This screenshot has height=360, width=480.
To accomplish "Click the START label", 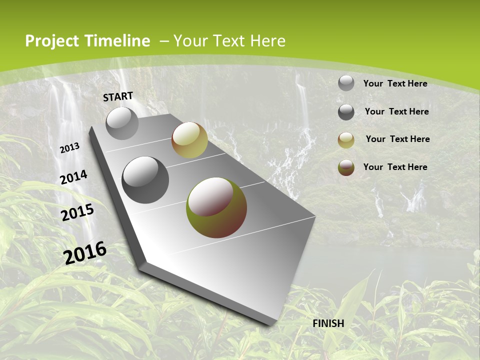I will pyautogui.click(x=118, y=96).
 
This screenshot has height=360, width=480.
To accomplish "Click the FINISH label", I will pyautogui.click(x=328, y=323).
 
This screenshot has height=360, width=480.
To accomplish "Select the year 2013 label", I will pyautogui.click(x=70, y=148).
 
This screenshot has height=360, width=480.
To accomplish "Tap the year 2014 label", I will pyautogui.click(x=74, y=177).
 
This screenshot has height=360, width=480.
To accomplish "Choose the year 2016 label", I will pyautogui.click(x=85, y=252).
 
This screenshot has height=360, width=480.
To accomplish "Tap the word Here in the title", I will pyautogui.click(x=267, y=41).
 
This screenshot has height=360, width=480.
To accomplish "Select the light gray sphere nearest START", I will pyautogui.click(x=122, y=123).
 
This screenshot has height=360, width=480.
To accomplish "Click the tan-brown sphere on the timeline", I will pyautogui.click(x=189, y=140).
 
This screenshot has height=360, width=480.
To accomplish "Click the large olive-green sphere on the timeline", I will pyautogui.click(x=216, y=207).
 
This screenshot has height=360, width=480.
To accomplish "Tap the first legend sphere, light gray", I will pyautogui.click(x=346, y=83).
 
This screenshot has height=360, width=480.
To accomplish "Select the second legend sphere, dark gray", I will pyautogui.click(x=346, y=112).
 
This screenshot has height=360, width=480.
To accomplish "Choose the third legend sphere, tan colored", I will pyautogui.click(x=346, y=140).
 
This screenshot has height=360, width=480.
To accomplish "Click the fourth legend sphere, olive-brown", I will pyautogui.click(x=346, y=167).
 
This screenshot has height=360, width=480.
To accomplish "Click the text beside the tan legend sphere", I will pyautogui.click(x=397, y=139).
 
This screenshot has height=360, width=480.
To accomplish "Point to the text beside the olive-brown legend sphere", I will pyautogui.click(x=395, y=167).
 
